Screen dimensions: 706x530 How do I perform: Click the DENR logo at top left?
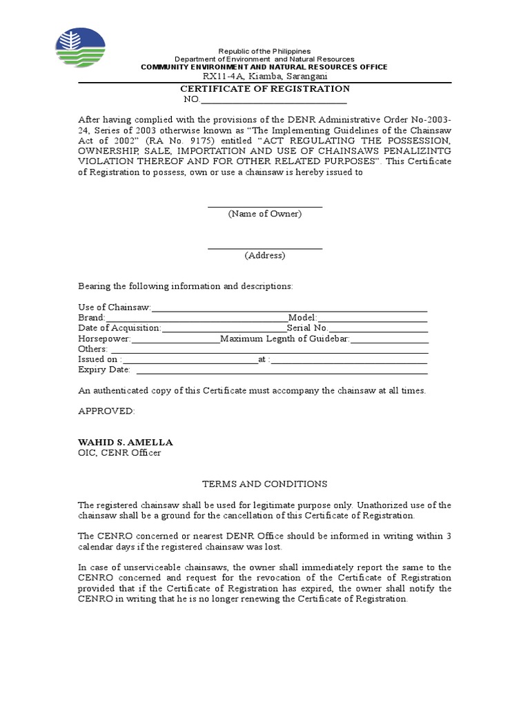tap(81, 48)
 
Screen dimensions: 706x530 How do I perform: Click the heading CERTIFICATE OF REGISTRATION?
tap(265, 89)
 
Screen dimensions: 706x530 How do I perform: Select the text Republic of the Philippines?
tap(264, 52)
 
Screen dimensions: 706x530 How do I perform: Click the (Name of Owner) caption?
tap(265, 214)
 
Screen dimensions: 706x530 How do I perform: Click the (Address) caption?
tap(265, 255)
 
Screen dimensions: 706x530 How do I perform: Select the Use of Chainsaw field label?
tap(114, 307)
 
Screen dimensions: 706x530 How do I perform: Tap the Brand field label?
tap(91, 318)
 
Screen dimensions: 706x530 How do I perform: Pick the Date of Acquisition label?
tap(119, 328)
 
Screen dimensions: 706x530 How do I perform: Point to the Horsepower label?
tap(104, 339)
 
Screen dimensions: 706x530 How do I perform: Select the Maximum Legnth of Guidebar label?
tap(285, 339)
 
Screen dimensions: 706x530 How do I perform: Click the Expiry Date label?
tap(104, 370)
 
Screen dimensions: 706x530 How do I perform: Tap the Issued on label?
tap(100, 359)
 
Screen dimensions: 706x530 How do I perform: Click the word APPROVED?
tap(106, 411)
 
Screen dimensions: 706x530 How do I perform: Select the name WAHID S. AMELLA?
tap(126, 442)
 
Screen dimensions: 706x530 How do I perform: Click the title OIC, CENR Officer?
tap(119, 453)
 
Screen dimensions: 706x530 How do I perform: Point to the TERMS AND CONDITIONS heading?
tap(264, 484)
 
